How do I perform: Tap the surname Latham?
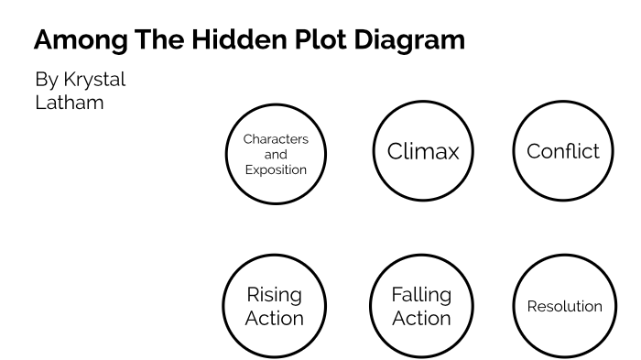69,102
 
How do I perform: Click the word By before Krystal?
46,81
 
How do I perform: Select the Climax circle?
422,151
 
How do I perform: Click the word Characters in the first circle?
276,139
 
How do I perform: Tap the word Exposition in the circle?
276,170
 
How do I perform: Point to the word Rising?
275,295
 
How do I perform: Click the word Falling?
421,295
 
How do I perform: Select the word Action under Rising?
275,319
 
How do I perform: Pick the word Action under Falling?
421,319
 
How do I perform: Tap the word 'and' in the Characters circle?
276,155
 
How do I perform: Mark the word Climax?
422,151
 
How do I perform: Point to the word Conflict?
563,151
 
